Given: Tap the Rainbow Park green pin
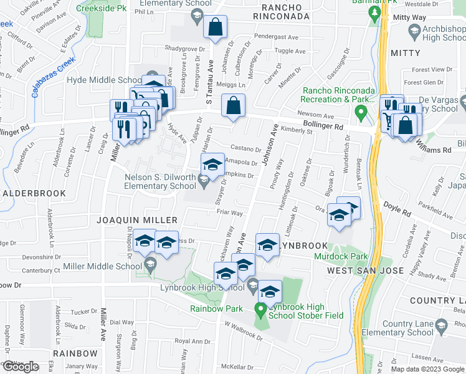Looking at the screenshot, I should click(x=261, y=309).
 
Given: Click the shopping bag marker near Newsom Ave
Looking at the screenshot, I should click(x=232, y=107).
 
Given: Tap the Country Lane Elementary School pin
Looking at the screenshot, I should click(x=440, y=326).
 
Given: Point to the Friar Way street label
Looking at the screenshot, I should click(x=229, y=213).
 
